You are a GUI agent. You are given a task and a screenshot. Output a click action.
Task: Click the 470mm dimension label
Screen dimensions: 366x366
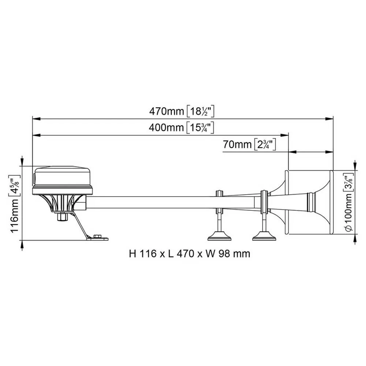point(167,111)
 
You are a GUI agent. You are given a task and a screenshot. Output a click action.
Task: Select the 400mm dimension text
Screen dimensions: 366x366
point(166,128)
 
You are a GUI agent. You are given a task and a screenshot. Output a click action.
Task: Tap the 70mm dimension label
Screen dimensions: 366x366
point(237,144)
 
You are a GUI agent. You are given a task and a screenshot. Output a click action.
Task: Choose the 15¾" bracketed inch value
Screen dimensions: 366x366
point(200,128)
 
